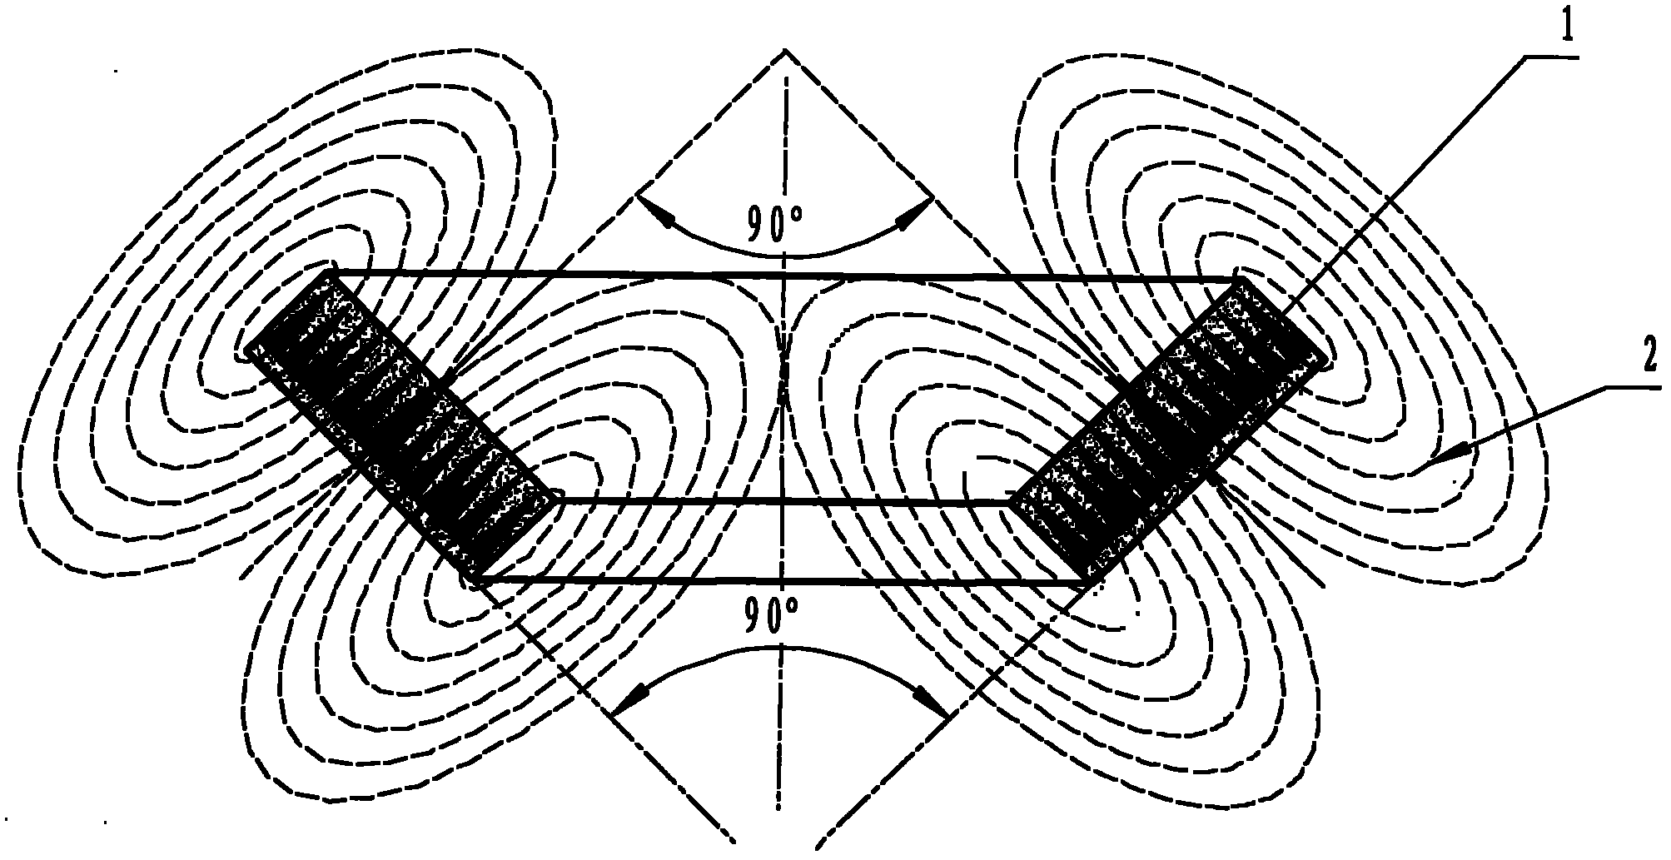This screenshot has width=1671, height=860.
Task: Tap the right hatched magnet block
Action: pyautogui.click(x=1168, y=429)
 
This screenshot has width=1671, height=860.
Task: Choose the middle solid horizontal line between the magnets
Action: pyautogui.click(x=783, y=501)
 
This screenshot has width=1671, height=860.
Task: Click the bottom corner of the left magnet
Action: pyautogui.click(x=471, y=577)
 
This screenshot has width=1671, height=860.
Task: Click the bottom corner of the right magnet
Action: pyautogui.click(x=1092, y=582)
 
